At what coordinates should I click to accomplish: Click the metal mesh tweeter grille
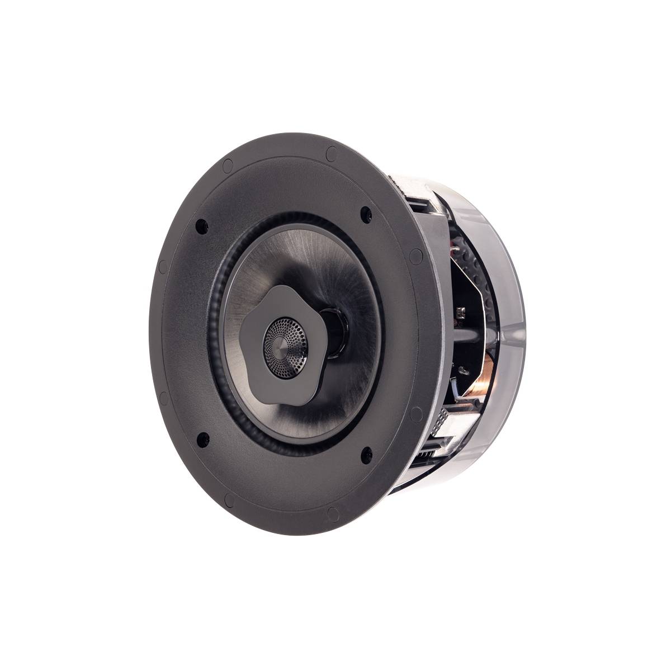click(x=286, y=339)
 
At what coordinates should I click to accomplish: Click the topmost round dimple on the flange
click(x=331, y=152)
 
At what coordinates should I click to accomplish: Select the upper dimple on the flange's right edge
click(x=416, y=256)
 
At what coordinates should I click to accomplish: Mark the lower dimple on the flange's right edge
click(x=416, y=414)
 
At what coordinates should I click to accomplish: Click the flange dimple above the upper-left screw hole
click(x=227, y=165)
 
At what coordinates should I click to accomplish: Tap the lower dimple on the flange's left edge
click(x=163, y=398)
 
